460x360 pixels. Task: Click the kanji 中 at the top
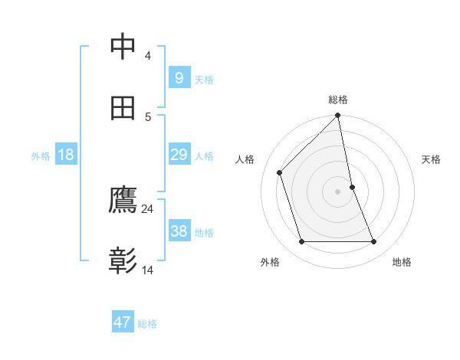click(x=123, y=47)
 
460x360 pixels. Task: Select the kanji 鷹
click(x=123, y=201)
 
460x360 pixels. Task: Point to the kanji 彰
click(x=123, y=261)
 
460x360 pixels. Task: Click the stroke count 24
click(x=148, y=208)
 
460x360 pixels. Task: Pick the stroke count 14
click(x=148, y=270)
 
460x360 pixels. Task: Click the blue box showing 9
click(x=179, y=77)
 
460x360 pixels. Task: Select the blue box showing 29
click(x=179, y=155)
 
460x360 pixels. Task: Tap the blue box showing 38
click(x=179, y=231)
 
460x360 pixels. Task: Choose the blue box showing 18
click(x=65, y=155)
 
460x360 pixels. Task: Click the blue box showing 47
click(x=123, y=322)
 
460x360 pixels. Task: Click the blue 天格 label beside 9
click(x=204, y=79)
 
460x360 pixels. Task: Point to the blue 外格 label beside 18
click(x=41, y=156)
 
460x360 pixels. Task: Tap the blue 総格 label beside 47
click(x=147, y=324)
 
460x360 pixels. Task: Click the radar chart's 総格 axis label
click(x=338, y=100)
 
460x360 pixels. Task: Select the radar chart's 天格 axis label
click(x=431, y=159)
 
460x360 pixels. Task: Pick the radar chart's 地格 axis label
click(x=402, y=262)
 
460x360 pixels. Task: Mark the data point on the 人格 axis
click(x=280, y=172)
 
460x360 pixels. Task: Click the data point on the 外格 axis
click(x=302, y=242)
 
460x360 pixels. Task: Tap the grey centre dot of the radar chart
click(x=338, y=191)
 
